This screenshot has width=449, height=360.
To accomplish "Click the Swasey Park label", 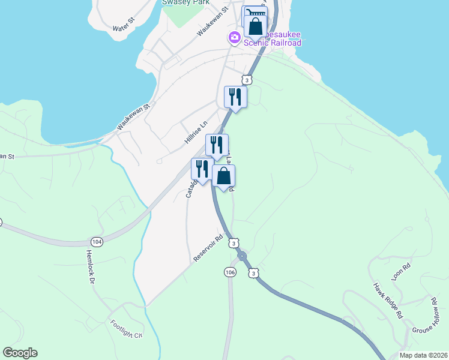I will click(185, 2).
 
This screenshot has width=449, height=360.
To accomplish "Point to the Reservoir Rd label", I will click(208, 248).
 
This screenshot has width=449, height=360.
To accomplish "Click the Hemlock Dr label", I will click(91, 266).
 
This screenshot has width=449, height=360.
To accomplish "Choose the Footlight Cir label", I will click(126, 329).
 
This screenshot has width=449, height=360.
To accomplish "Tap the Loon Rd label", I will click(401, 272).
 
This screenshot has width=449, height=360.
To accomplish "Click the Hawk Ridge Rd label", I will click(387, 300).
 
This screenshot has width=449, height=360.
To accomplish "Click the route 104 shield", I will click(98, 241).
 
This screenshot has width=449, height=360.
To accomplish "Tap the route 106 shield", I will click(231, 272).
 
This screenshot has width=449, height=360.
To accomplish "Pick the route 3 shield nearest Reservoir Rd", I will click(234, 242).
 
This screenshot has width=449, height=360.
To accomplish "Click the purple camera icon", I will click(234, 38).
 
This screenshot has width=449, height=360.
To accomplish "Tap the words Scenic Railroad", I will click(273, 43).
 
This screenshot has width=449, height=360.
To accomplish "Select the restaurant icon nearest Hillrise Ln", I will click(217, 145).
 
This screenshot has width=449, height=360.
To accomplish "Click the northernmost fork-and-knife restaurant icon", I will click(235, 97).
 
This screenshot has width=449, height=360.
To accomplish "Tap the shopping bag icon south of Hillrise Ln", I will click(223, 176).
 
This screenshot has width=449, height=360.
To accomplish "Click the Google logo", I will click(20, 353).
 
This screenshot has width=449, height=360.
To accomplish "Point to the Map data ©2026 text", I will click(423, 355).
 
